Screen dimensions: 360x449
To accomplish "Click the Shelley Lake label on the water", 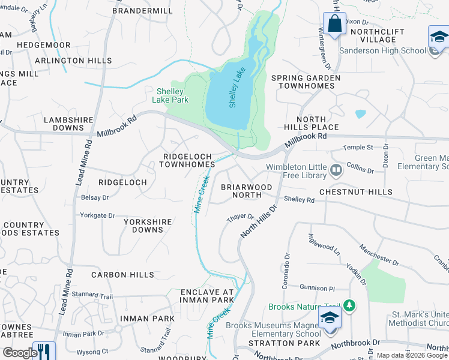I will pyautogui.click(x=237, y=88).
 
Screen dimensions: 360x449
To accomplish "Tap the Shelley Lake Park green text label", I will pyautogui.click(x=172, y=95).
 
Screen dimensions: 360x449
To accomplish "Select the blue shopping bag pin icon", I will pyautogui.click(x=334, y=25).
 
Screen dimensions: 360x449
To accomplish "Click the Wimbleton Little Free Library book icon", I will pyautogui.click(x=336, y=171).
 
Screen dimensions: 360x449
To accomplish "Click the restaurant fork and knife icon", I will pyautogui.click(x=44, y=351).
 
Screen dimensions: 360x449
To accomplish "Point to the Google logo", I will pyautogui.click(x=20, y=353).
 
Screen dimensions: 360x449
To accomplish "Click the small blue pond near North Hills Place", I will pyautogui.click(x=360, y=113).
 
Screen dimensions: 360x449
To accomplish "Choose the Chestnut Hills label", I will pyautogui.click(x=355, y=192).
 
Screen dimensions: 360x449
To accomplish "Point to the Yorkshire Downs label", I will pyautogui.click(x=148, y=226).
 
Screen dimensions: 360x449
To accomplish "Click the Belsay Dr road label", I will pyautogui.click(x=94, y=197).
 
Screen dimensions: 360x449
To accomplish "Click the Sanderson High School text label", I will pyautogui.click(x=382, y=50).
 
